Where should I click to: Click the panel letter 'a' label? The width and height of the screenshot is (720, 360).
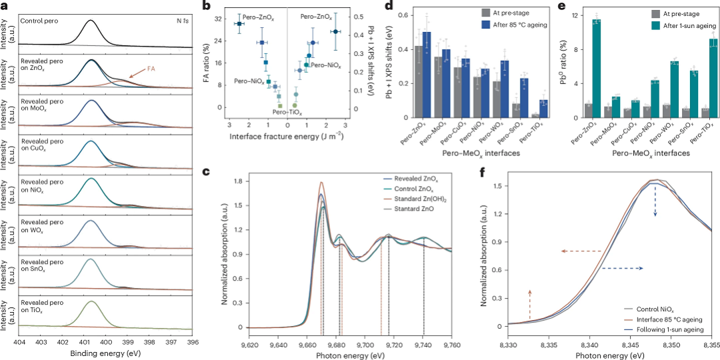pos(4,5)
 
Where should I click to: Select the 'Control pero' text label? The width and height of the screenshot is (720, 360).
pos(41,21)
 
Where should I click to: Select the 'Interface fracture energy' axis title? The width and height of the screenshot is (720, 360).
pos(287,136)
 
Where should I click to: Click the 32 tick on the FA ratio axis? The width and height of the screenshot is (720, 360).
pos(224,19)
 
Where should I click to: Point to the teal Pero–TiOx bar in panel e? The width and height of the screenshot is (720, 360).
pos(713,79)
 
